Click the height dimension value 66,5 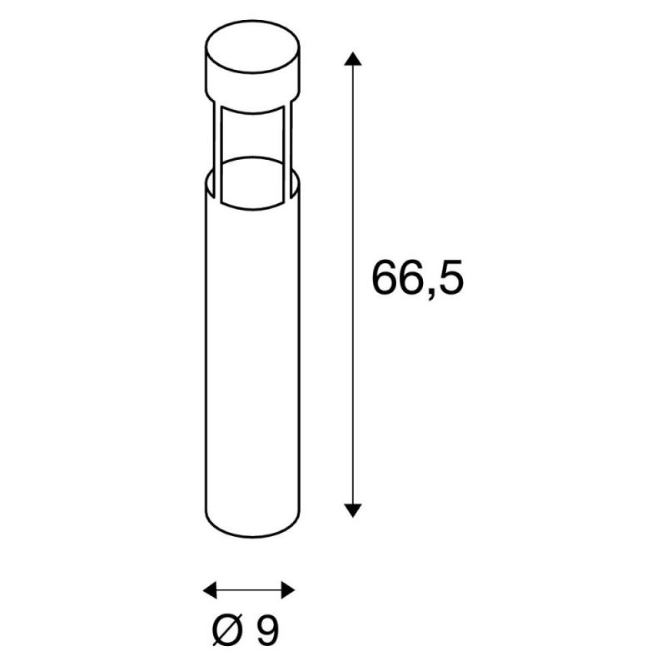click(x=418, y=278)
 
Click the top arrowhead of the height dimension click(x=352, y=59)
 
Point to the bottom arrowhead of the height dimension click(x=352, y=510)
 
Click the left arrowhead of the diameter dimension click(x=211, y=590)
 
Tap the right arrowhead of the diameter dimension click(x=288, y=590)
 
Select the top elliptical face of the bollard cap click(x=252, y=47)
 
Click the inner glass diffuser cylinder click(x=252, y=158)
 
